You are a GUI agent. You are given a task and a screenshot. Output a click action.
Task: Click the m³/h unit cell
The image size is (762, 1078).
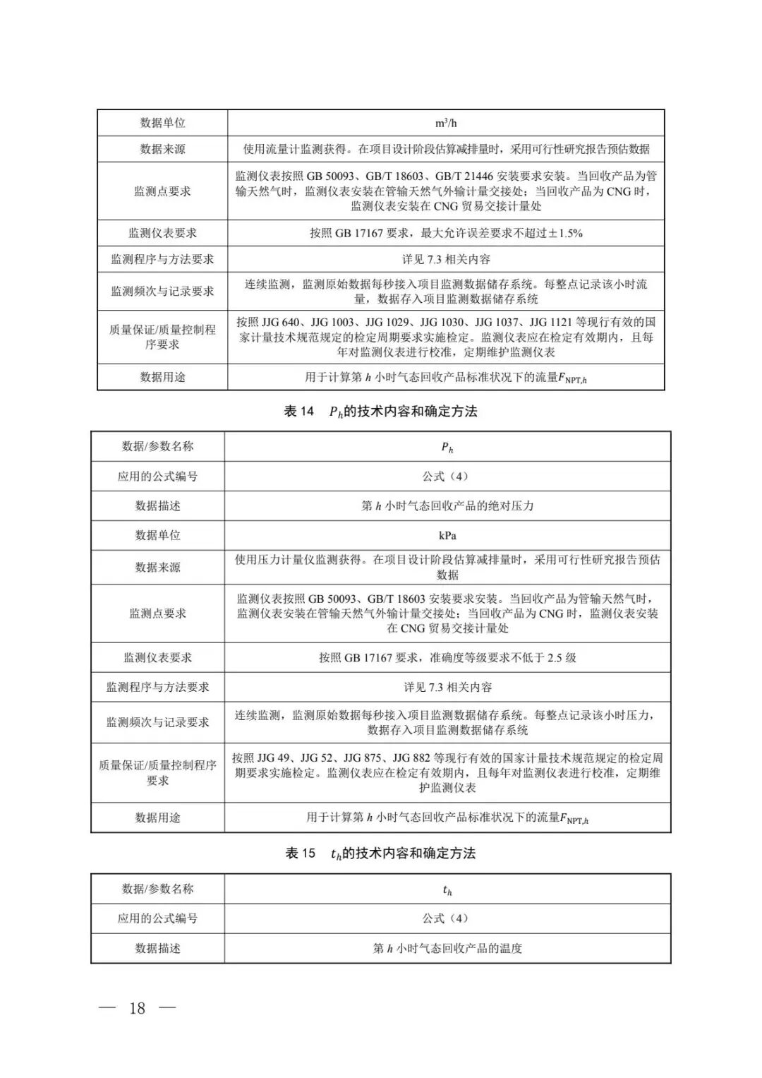tap(446, 123)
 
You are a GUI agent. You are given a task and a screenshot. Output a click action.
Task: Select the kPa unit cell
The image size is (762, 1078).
tap(447, 536)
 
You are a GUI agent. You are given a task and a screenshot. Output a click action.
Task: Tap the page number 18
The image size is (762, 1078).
tap(137, 1007)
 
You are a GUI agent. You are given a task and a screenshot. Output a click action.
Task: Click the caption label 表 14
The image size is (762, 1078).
tap(298, 412)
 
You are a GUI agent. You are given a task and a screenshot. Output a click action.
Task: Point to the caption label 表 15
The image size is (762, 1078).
tap(300, 854)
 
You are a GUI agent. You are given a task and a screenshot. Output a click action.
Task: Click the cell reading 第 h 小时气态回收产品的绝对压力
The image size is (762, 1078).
tap(447, 506)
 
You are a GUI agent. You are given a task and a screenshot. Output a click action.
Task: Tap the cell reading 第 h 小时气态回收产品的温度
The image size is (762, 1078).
tap(447, 949)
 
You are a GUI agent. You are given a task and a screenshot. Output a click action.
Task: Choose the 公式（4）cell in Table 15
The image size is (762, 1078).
tap(445, 918)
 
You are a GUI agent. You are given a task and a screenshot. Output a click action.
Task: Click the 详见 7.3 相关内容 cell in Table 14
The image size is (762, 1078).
tap(447, 687)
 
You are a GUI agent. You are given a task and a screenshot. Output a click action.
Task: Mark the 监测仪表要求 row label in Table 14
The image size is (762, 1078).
tap(157, 658)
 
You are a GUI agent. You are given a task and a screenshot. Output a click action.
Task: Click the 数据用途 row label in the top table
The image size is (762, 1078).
tap(162, 377)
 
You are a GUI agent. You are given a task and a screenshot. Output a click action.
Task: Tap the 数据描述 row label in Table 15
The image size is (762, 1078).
tap(157, 949)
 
